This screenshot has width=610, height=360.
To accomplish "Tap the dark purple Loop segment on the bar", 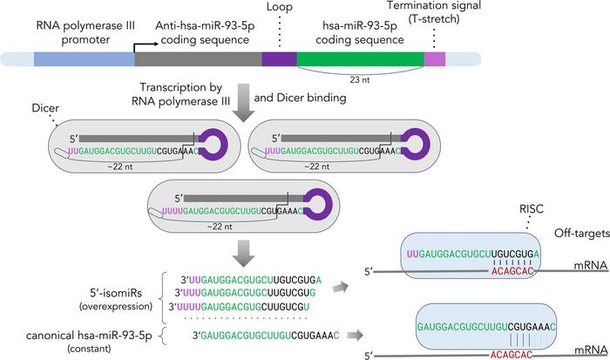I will pos(279,58).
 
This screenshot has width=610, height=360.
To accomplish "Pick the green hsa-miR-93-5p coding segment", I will pos(360,58).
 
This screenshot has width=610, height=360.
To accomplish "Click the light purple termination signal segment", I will pos(434,58).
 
